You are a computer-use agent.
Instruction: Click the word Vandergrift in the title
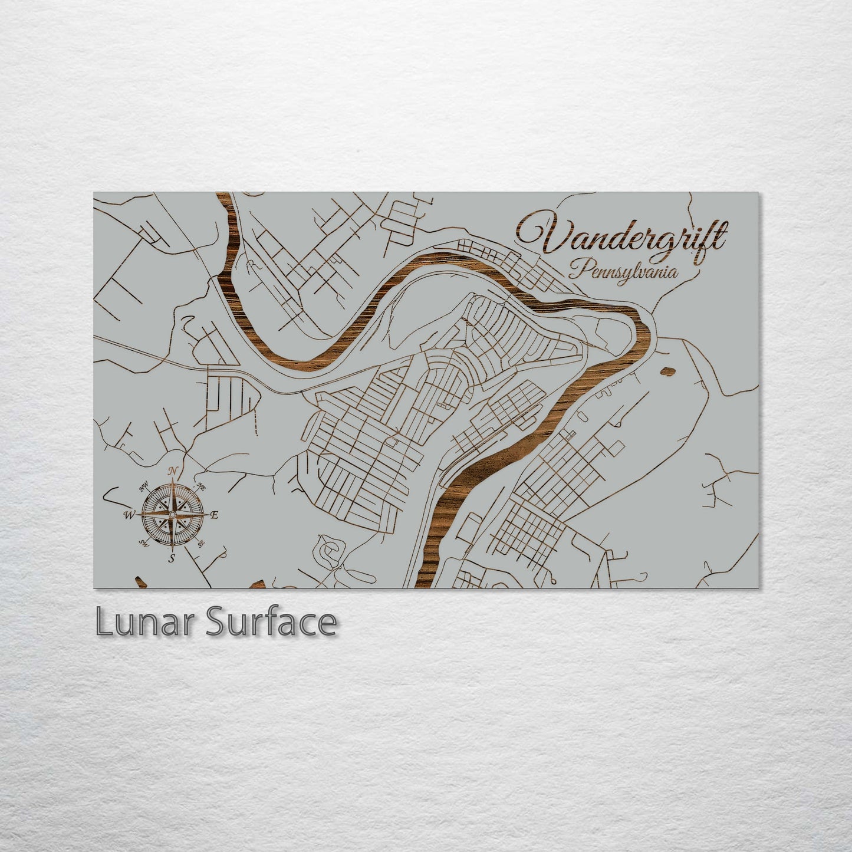click(x=622, y=236)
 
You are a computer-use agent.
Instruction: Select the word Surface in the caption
click(x=271, y=623)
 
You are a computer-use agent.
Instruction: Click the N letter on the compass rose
click(x=173, y=471)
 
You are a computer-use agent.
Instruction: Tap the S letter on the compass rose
click(x=172, y=558)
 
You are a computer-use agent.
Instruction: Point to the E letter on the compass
click(x=215, y=515)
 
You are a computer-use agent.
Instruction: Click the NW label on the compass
click(x=143, y=487)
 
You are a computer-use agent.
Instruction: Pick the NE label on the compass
click(x=200, y=487)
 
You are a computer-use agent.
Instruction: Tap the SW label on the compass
click(x=143, y=542)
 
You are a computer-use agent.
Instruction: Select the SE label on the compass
click(x=201, y=543)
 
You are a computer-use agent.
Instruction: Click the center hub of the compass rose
click(x=172, y=515)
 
